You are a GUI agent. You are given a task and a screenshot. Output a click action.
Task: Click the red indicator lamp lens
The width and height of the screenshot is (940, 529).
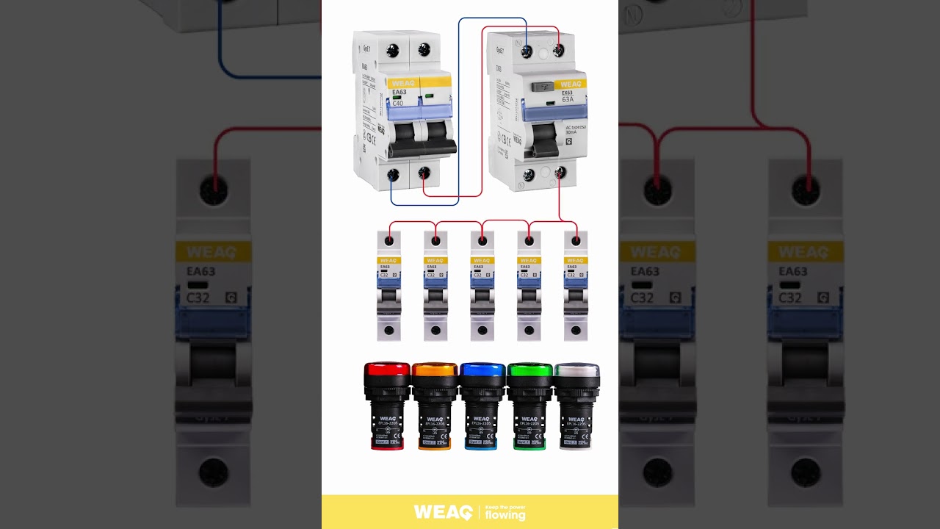pos(387,369)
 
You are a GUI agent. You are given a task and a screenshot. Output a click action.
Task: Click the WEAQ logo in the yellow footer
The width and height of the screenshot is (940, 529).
pos(442,512)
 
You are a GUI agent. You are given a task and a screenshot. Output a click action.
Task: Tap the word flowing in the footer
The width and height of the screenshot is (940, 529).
pos(505,516)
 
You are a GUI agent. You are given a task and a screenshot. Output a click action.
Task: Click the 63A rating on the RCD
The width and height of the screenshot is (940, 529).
pos(568,99)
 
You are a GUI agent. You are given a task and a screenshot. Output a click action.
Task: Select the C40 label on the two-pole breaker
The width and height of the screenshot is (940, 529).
pos(397,104)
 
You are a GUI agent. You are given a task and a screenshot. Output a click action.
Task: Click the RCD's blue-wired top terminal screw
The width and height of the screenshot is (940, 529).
pos(527,51)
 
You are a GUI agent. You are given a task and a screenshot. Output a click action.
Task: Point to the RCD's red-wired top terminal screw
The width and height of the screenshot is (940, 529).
pos(558,51)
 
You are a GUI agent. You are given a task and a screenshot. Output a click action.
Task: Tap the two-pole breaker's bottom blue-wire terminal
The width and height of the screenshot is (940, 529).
pos(393,174)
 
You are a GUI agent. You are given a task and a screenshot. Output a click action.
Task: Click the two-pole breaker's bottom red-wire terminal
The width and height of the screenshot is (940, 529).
pos(424,173)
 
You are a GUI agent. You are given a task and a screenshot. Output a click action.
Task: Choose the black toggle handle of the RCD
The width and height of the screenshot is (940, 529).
pos(544,139)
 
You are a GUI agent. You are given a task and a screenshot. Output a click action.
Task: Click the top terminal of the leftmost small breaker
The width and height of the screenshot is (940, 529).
pos(388,240)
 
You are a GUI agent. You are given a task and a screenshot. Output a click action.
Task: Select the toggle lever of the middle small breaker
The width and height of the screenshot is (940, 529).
pos(482,296)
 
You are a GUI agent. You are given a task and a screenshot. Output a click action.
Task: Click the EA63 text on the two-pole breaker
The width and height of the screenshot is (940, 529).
pos(399,92)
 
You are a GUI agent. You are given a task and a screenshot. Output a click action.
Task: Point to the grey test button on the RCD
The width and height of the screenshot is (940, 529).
pos(543,86)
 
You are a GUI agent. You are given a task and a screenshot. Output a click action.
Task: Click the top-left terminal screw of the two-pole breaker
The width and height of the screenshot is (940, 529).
pos(393,50)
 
